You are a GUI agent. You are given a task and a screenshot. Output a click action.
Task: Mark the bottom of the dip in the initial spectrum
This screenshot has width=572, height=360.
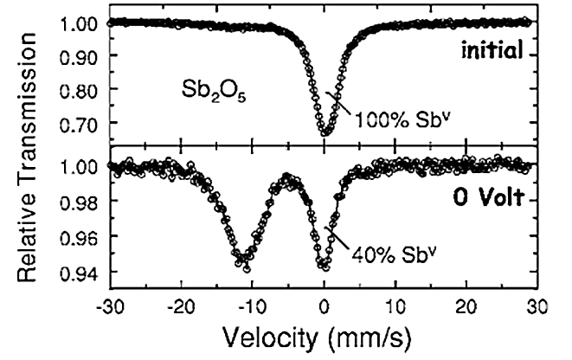(x=325, y=133)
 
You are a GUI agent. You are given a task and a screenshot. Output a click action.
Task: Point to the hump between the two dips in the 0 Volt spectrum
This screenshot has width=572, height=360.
(x=289, y=179)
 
